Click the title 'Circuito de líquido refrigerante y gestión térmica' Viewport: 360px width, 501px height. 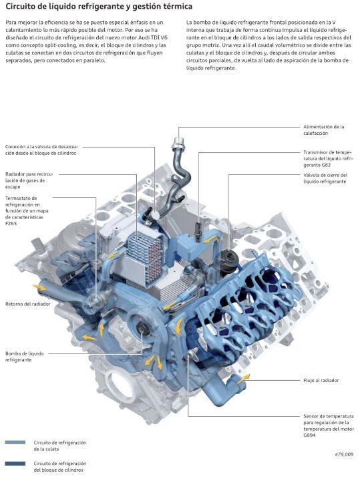click(x=99, y=6)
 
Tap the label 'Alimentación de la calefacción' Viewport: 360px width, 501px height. click(x=323, y=130)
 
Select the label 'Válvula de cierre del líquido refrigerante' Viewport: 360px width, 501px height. click(x=325, y=178)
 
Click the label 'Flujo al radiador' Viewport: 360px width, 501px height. click(x=321, y=380)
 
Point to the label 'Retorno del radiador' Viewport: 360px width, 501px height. click(x=28, y=304)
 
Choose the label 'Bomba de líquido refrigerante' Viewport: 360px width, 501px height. click(x=24, y=357)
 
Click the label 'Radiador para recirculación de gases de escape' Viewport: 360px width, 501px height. click(x=29, y=180)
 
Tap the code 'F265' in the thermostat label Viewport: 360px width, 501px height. click(x=11, y=223)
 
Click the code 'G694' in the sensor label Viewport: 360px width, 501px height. click(x=309, y=435)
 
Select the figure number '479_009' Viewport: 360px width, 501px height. click(x=344, y=454)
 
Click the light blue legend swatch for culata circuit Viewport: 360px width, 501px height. click(x=15, y=442)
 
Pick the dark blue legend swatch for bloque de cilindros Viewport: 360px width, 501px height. click(x=15, y=464)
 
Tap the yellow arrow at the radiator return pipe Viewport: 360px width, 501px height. click(x=39, y=287)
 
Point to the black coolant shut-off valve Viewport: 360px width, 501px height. click(x=229, y=258)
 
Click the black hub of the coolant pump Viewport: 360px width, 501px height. click(x=143, y=329)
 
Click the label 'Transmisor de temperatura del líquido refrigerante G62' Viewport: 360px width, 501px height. click(x=327, y=158)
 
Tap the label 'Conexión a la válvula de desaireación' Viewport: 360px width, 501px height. click(x=41, y=150)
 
